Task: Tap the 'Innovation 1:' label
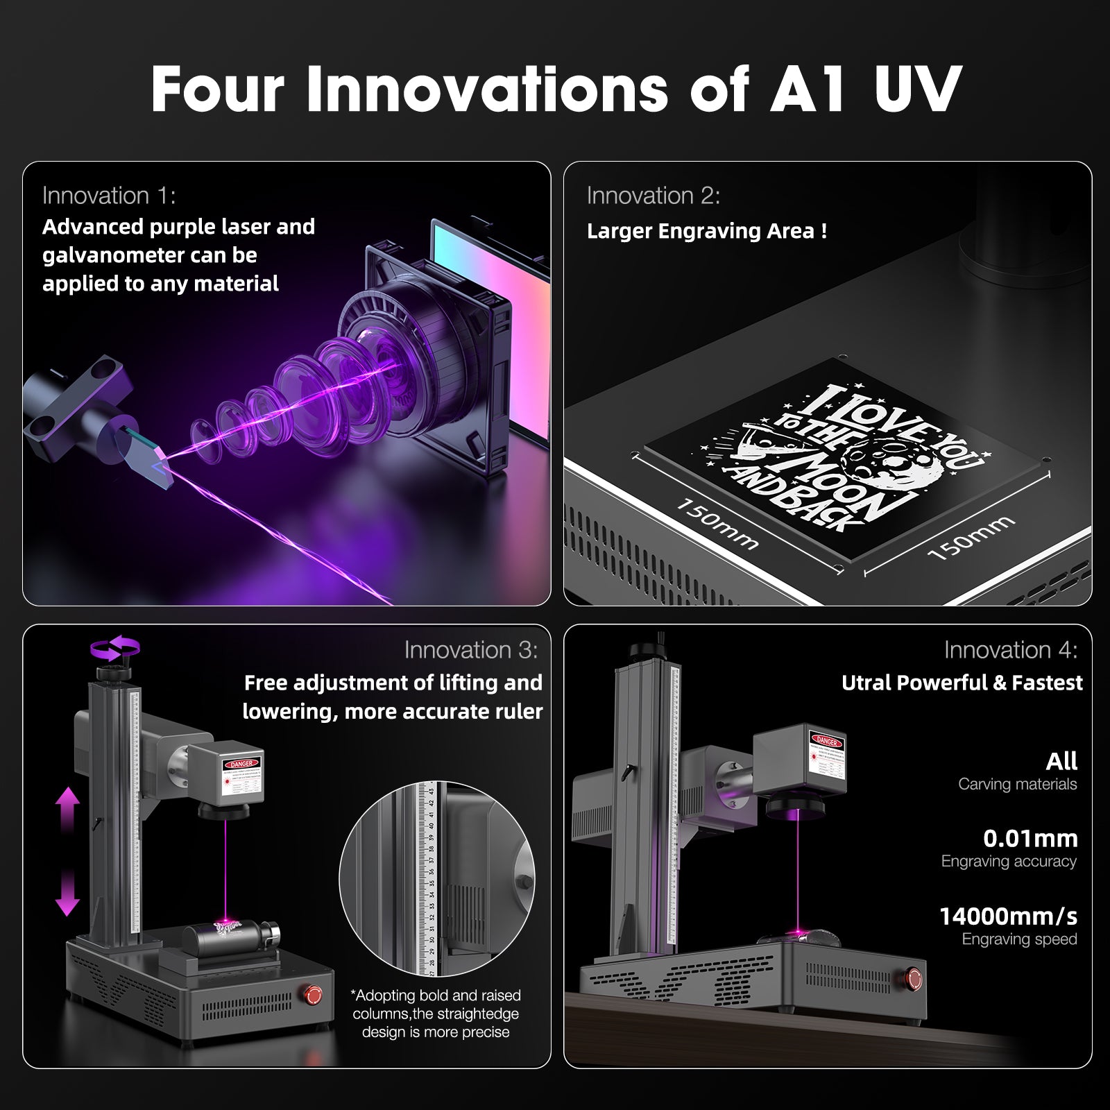point(109,196)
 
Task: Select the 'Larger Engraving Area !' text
point(706,231)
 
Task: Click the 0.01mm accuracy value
point(1030,839)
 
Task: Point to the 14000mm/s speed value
point(1008,916)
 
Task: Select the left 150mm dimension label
point(717,524)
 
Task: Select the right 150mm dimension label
point(971,538)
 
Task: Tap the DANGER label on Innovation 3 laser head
point(241,764)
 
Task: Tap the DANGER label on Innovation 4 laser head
point(826,741)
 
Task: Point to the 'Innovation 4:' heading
point(1010,650)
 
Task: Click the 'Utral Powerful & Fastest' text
point(962,683)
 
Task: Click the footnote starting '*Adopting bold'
point(436,1014)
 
